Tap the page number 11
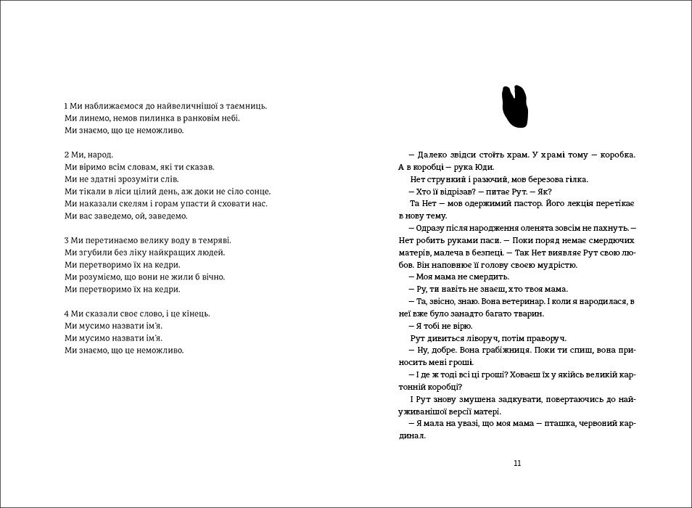[x=516, y=464]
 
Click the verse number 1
[x=66, y=105]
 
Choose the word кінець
[x=194, y=314]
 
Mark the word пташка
[x=559, y=424]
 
